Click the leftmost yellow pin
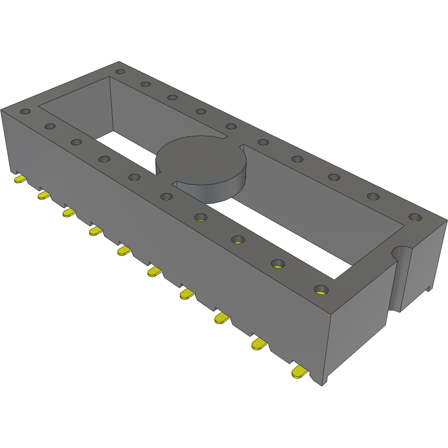click(x=20, y=180)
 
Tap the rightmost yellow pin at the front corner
click(x=300, y=373)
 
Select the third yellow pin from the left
click(x=69, y=213)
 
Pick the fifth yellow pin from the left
click(x=124, y=251)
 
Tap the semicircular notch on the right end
click(x=401, y=252)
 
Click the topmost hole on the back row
click(x=120, y=72)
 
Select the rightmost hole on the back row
click(x=415, y=217)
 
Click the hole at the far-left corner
click(x=25, y=112)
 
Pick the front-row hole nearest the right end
click(x=320, y=289)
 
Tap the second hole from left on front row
click(x=50, y=126)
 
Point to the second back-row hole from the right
click(x=373, y=197)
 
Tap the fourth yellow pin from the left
click(x=96, y=230)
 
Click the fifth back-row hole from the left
click(x=231, y=126)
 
